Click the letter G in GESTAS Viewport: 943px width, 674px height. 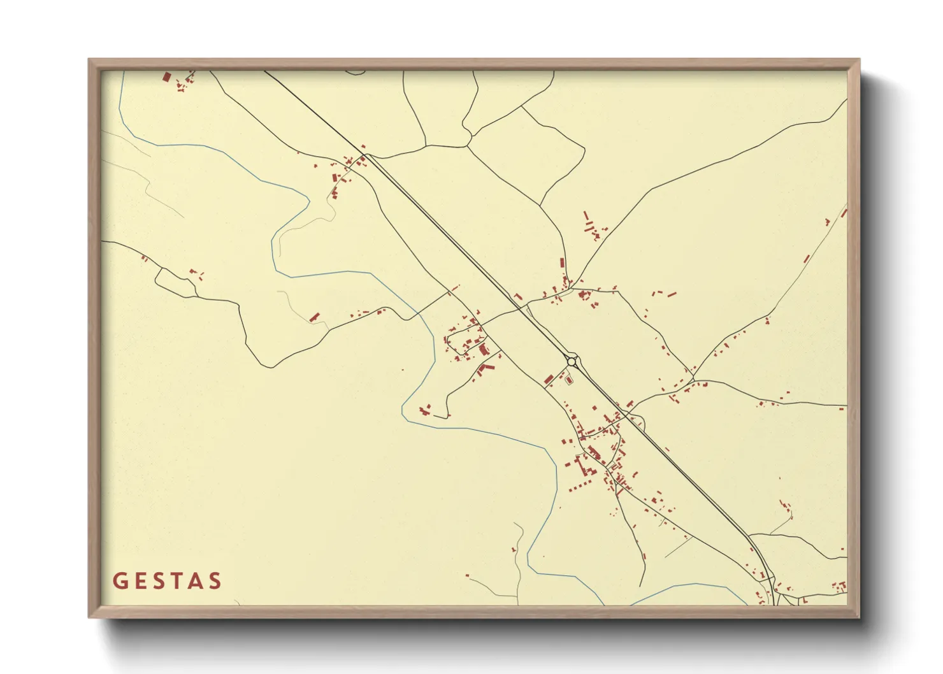pos(119,581)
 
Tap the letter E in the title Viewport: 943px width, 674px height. pos(140,581)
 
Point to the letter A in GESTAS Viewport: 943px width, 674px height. pos(196,581)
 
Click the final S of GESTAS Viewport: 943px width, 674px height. pos(215,581)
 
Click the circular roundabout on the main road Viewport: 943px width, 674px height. pos(572,361)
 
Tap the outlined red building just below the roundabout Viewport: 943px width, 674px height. pos(569,380)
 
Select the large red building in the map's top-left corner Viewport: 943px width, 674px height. pos(167,77)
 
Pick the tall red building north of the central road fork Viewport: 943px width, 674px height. pos(562,263)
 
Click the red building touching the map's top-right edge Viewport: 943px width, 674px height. pos(844,213)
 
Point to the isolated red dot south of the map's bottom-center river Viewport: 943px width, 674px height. pos(467,576)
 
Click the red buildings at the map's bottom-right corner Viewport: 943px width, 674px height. pos(840,585)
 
